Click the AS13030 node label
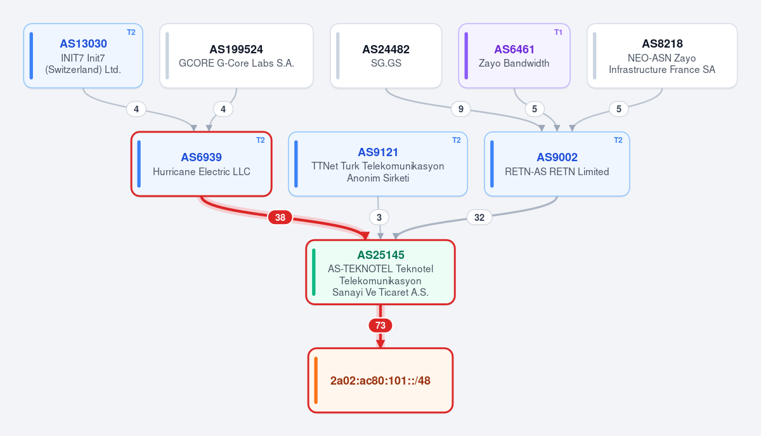83,44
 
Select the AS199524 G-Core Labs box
237,56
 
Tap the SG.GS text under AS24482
386,63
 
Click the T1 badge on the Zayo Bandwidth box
558,32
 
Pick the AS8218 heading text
662,44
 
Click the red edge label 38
280,217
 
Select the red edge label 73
380,326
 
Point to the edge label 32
479,217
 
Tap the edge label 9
460,109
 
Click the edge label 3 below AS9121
379,217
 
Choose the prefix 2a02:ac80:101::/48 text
380,381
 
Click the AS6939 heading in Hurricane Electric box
201,157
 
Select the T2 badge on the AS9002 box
618,140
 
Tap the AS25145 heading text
380,254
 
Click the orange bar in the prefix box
316,380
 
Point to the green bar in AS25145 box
313,272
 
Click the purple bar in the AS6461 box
466,56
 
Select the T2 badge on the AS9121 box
456,140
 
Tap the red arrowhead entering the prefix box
380,343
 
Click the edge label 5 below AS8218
619,109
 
